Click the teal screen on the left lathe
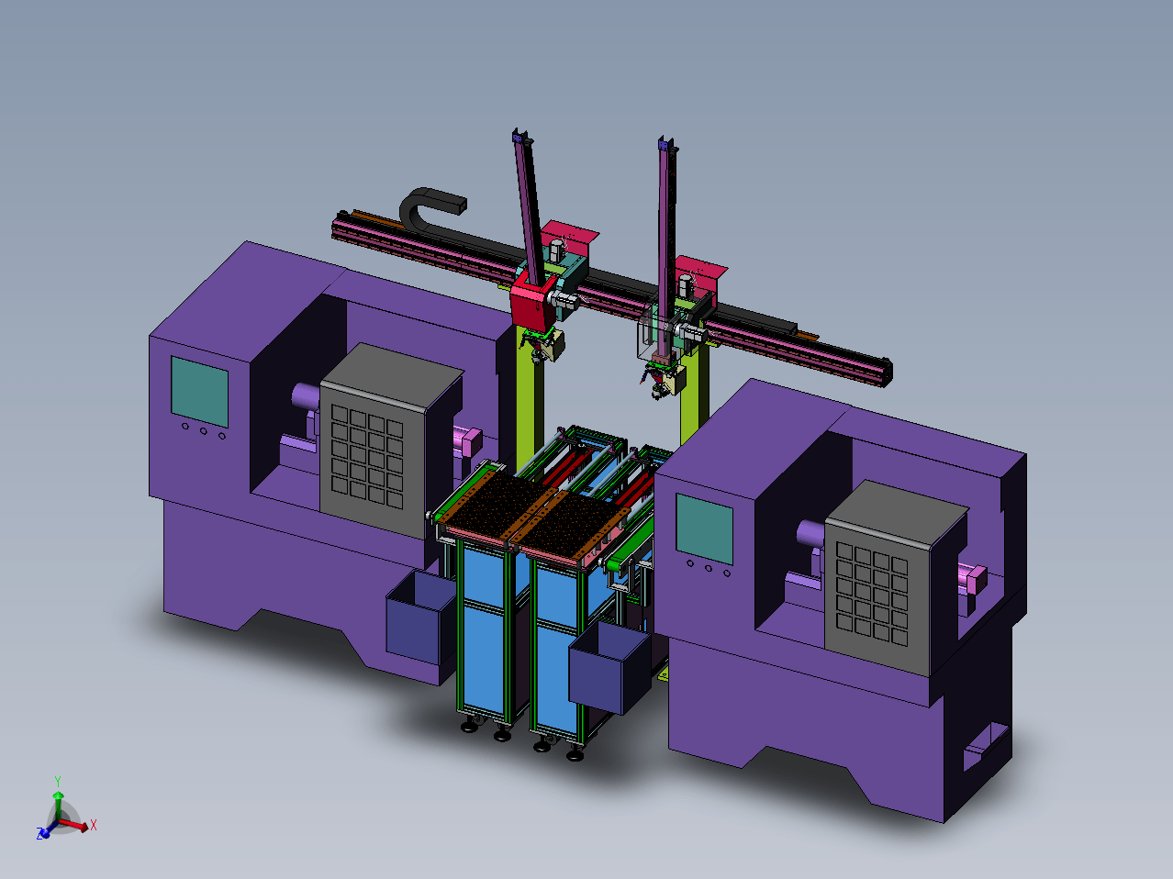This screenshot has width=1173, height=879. pos(199,392)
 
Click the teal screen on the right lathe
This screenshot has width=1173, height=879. pos(704,529)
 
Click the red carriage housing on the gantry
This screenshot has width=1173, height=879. pos(533,303)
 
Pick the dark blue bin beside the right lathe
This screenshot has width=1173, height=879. pos(609,668)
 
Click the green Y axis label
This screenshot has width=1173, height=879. pos(58,781)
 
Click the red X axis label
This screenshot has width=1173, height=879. pos(94,825)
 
